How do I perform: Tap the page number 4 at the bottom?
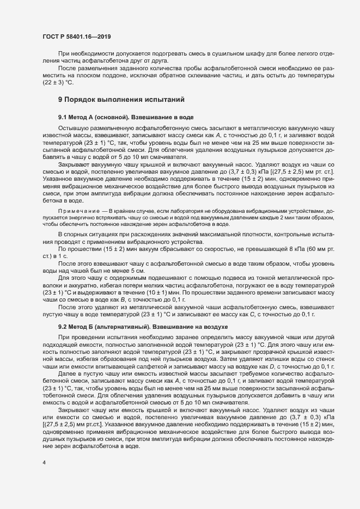44,462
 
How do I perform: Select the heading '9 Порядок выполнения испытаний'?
122,100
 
